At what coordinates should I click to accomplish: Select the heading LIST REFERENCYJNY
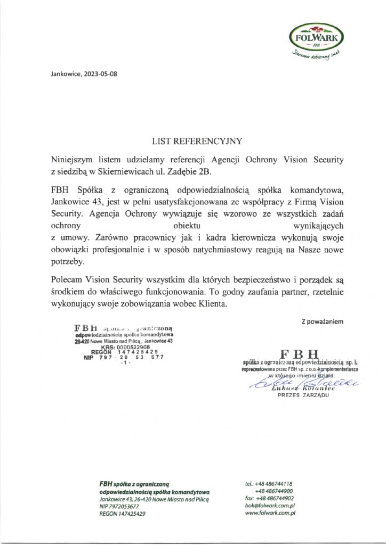click(197, 142)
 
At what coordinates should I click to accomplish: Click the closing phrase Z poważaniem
click(323, 321)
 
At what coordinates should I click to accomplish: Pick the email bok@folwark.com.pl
click(270, 505)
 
